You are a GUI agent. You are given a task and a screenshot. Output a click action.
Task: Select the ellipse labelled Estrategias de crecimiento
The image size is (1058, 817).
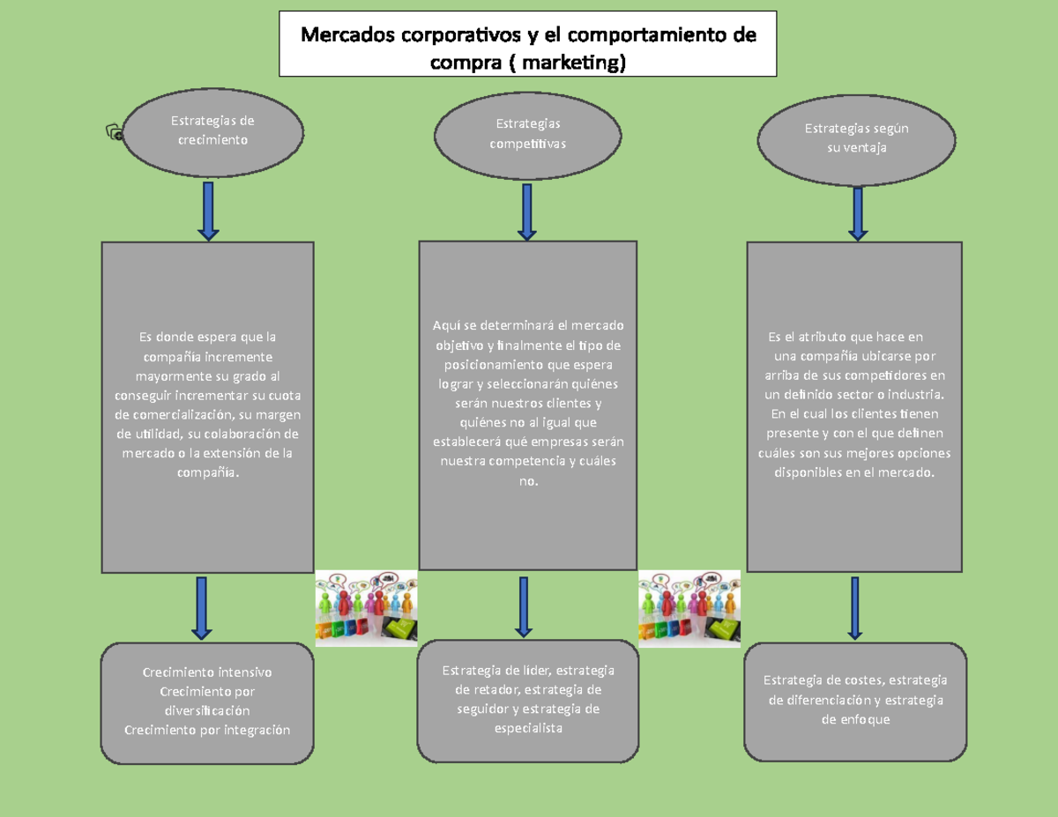click(x=213, y=130)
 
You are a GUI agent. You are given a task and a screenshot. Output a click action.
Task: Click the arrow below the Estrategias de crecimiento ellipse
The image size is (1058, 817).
click(x=208, y=211)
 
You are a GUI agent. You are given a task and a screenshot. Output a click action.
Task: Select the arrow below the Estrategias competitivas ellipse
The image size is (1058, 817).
click(x=527, y=212)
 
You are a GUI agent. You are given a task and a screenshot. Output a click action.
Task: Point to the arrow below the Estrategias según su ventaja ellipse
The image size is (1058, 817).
click(x=857, y=212)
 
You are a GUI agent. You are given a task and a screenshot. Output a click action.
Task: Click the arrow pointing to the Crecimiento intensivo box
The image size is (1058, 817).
click(x=202, y=607)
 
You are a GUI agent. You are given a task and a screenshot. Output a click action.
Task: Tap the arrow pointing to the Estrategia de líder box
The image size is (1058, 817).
click(x=524, y=607)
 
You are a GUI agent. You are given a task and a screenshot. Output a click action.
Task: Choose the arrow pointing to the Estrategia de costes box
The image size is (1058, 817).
click(x=854, y=608)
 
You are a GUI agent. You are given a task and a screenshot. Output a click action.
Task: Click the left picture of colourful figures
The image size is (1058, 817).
click(x=366, y=608)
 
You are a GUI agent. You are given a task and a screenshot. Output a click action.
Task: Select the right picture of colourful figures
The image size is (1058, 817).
click(x=689, y=608)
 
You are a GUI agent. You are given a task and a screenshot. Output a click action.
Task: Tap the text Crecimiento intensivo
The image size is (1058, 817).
click(x=207, y=672)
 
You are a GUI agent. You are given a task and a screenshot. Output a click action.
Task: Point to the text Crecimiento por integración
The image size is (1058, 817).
click(x=207, y=730)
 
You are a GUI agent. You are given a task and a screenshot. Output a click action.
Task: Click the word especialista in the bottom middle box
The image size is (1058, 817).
click(x=527, y=729)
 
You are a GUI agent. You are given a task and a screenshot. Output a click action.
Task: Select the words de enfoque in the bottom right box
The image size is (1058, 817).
click(x=855, y=719)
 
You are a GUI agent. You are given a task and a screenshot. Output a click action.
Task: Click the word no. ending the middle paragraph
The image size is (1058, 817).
click(x=528, y=481)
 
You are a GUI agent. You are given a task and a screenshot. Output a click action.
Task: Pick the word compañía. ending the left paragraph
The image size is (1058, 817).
click(x=208, y=472)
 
